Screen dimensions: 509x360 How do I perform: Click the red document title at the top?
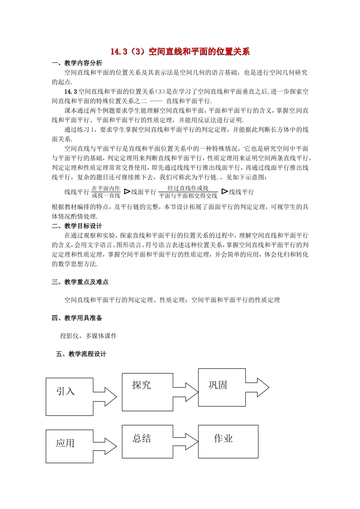[x=180, y=52]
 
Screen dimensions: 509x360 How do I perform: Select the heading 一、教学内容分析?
[x=77, y=63]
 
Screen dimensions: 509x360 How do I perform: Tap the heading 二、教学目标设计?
[x=77, y=226]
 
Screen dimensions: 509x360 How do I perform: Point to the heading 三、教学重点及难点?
[x=80, y=282]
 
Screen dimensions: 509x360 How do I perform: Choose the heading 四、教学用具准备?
[x=77, y=318]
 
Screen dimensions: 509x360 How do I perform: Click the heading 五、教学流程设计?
[x=81, y=354]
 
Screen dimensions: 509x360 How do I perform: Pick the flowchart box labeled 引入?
[x=69, y=397]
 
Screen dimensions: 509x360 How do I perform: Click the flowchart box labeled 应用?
[x=69, y=446]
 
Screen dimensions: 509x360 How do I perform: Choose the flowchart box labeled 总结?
[x=147, y=441]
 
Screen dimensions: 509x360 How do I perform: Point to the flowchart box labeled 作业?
[x=228, y=442]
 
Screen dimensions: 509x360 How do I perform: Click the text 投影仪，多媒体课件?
[x=88, y=336]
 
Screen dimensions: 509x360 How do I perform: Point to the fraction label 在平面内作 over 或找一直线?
[x=106, y=192]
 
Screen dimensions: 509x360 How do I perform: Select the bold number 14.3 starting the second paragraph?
[x=71, y=91]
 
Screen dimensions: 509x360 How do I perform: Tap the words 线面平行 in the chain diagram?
[x=144, y=192]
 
